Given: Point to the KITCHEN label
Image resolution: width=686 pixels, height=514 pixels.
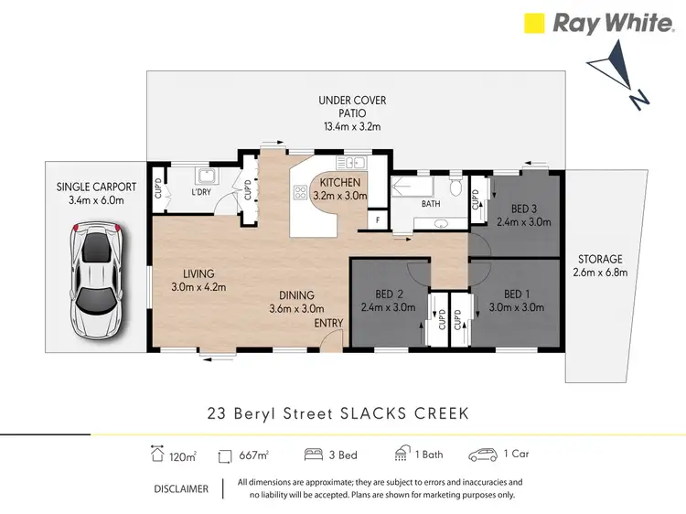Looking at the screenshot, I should pyautogui.click(x=339, y=183).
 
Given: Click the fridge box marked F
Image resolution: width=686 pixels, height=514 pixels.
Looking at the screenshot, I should pyautogui.click(x=375, y=220).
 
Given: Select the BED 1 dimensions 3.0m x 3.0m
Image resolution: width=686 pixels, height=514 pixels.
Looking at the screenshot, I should pyautogui.click(x=518, y=307).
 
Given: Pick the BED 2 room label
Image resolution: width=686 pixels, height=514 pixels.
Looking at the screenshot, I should pyautogui.click(x=390, y=294).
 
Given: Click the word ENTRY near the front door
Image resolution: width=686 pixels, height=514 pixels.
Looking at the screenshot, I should pyautogui.click(x=327, y=323).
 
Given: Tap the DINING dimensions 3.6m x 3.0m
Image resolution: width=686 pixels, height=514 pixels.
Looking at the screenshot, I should pyautogui.click(x=297, y=308).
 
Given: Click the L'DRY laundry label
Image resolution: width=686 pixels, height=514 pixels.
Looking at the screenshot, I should pyautogui.click(x=202, y=193).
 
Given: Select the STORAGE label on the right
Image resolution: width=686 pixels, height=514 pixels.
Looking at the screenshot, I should pyautogui.click(x=599, y=259).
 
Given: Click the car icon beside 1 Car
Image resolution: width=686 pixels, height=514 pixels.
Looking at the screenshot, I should pyautogui.click(x=481, y=455).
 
